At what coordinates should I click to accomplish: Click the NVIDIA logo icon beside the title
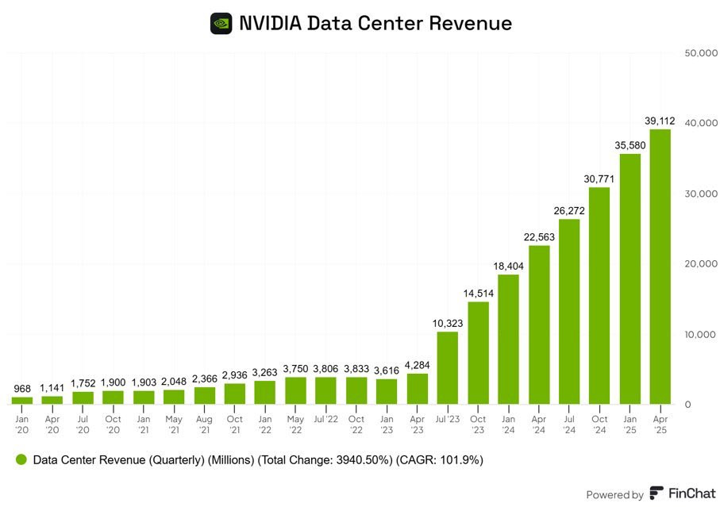(x=221, y=23)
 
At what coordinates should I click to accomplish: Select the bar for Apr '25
(x=660, y=267)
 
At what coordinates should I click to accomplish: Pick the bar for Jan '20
(x=22, y=401)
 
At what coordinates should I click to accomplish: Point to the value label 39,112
(x=660, y=121)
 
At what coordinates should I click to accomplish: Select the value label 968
(x=22, y=389)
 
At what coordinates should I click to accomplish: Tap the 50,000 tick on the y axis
(x=700, y=53)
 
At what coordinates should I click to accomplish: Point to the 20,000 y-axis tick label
(x=700, y=263)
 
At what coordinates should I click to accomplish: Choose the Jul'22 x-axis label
(x=325, y=418)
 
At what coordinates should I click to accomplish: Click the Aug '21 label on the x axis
(x=205, y=424)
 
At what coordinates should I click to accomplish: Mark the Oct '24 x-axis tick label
(x=599, y=424)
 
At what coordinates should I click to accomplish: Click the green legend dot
(x=21, y=459)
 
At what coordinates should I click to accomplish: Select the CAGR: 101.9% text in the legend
(x=441, y=459)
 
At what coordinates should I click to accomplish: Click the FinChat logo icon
(x=656, y=494)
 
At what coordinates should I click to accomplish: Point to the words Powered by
(x=614, y=494)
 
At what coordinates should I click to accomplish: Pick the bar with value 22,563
(x=538, y=325)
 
